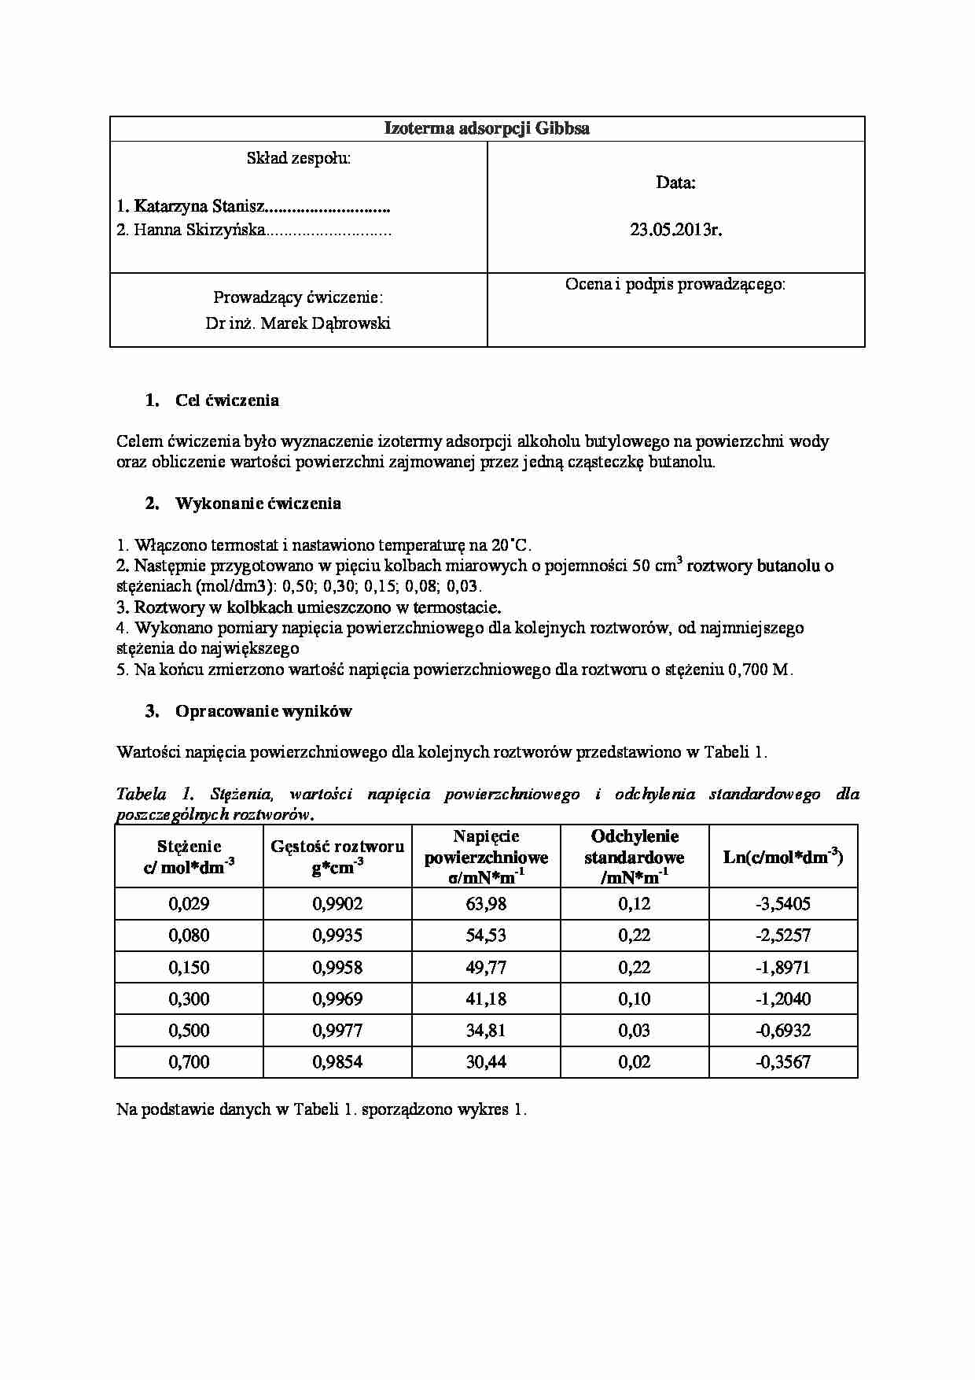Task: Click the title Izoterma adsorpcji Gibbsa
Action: coord(487,129)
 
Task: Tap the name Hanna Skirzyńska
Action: coord(200,231)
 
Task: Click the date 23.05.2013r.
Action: coord(675,231)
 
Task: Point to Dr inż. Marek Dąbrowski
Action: coord(298,323)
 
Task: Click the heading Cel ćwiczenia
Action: coord(227,400)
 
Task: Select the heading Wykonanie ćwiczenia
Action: coord(258,504)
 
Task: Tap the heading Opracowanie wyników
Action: coord(263,711)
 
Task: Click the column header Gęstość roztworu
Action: coord(337,847)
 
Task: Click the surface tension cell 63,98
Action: coord(486,904)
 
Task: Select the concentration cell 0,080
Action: coord(189,935)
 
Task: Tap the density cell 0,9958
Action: coord(337,968)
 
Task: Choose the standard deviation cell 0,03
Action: coord(635,1031)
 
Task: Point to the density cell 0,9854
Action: coord(337,1062)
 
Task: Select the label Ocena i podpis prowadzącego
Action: coord(675,285)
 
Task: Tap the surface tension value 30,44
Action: coord(486,1062)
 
